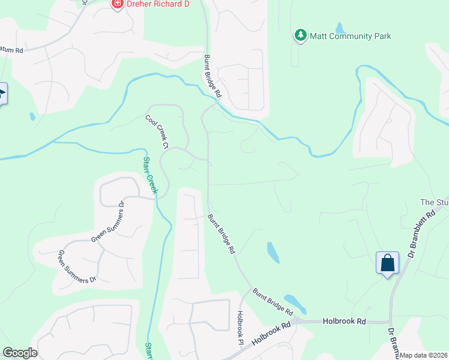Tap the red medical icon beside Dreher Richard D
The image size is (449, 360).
coord(117,4)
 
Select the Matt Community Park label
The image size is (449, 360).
coord(350,36)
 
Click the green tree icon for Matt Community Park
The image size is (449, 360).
coord(301,36)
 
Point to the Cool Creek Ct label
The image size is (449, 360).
coord(157,131)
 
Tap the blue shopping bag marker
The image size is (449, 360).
coord(387,263)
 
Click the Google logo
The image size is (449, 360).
coord(20,353)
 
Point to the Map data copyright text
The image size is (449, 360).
coord(424,355)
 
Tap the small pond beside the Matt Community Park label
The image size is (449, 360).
coord(341,28)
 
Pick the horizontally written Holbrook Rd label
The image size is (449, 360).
coord(344,322)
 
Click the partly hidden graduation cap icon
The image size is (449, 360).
coord(2,94)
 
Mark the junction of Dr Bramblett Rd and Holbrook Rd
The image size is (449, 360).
coord(391,322)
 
